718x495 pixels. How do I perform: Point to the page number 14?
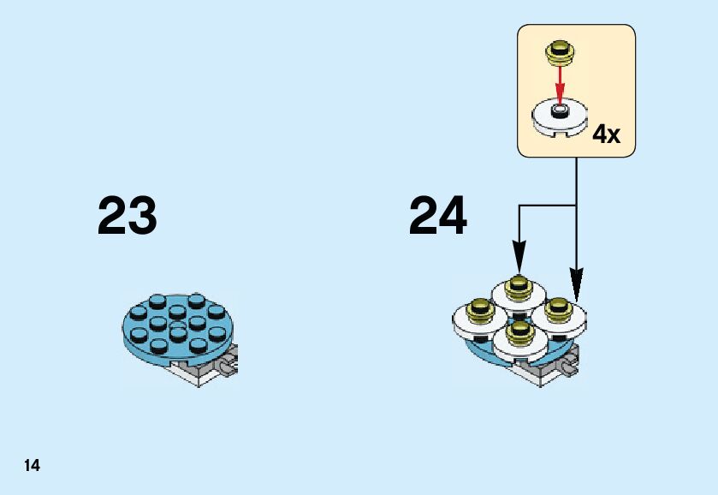pyautogui.click(x=32, y=466)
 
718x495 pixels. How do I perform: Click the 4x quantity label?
pyautogui.click(x=606, y=134)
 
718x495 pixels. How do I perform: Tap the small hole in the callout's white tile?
pyautogui.click(x=560, y=110)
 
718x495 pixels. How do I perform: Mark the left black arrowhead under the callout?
pyautogui.click(x=518, y=255)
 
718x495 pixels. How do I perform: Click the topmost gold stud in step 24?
pyautogui.click(x=517, y=286)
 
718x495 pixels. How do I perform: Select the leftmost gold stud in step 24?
pyautogui.click(x=481, y=307)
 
